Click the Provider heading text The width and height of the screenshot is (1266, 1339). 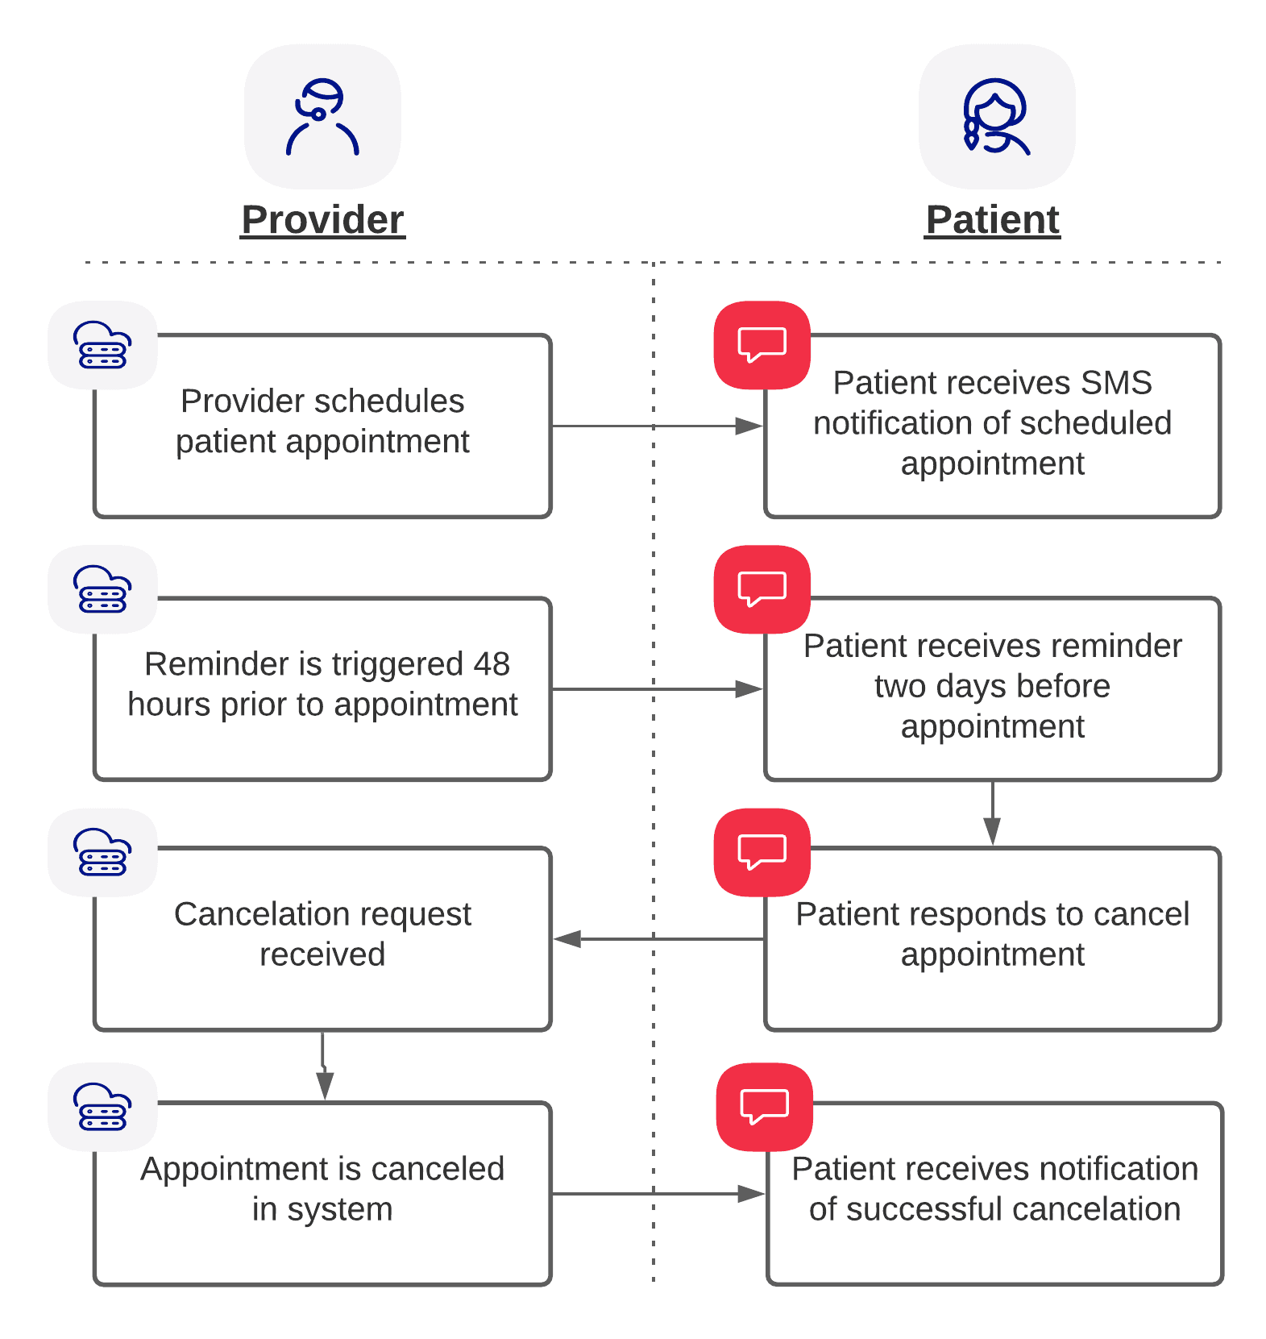(322, 220)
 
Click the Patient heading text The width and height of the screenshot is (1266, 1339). (992, 220)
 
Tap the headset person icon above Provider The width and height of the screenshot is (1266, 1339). (322, 117)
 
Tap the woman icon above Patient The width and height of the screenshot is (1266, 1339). (996, 117)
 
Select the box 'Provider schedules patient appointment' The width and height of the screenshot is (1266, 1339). (322, 425)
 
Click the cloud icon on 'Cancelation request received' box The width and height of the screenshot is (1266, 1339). (102, 852)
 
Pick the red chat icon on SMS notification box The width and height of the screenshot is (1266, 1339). (762, 345)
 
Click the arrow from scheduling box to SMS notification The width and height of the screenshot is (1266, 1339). (657, 426)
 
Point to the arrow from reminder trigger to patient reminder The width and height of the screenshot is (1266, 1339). (657, 689)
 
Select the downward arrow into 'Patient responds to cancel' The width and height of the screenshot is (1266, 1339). (992, 814)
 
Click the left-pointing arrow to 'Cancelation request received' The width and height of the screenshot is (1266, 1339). (657, 939)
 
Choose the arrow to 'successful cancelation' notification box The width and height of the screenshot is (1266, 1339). (657, 1194)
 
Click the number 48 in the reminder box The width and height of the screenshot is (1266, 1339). (492, 664)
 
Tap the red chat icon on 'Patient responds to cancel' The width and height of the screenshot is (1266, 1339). (762, 852)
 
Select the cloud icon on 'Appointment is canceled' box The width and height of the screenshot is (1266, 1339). (102, 1107)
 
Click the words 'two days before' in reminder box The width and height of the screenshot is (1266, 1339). (992, 686)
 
